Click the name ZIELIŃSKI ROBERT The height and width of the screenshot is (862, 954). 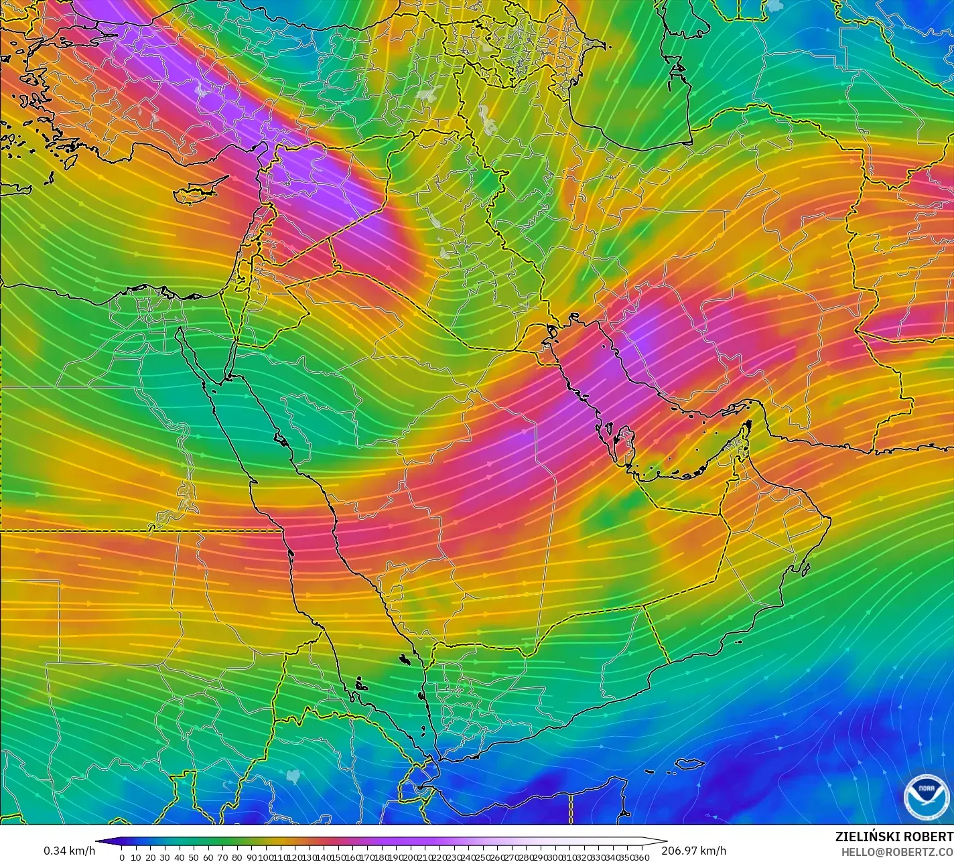894,837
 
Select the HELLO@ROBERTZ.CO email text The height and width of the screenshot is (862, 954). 897,851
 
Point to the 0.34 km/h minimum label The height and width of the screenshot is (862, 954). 70,851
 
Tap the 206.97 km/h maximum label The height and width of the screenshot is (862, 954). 693,851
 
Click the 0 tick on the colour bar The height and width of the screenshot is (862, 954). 121,857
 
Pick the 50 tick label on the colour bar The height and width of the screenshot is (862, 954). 194,857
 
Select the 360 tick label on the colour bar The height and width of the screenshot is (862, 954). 642,857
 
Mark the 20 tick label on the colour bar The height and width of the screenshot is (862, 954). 150,857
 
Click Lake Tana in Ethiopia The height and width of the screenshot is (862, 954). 293,776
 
